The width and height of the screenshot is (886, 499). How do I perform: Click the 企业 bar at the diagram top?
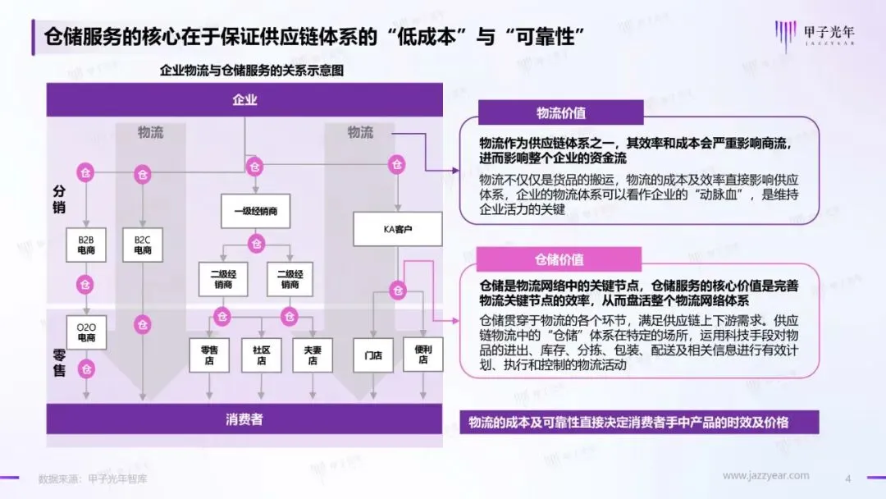point(244,101)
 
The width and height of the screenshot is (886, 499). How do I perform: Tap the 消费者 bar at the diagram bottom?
point(244,420)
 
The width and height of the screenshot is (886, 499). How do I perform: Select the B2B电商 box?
point(86,245)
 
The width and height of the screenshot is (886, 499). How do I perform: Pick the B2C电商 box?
point(143,245)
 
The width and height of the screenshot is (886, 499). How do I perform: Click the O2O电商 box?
point(86,332)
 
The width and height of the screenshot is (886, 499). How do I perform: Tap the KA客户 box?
point(398,229)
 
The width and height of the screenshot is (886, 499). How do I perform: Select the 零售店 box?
point(208,355)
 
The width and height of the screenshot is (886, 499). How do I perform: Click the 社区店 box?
point(261,355)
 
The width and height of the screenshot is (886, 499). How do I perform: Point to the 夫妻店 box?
point(313,355)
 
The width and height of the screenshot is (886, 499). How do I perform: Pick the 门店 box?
point(373,355)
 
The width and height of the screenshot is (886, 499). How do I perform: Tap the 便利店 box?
point(423,355)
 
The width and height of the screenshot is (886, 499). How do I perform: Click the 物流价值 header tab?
point(561,113)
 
